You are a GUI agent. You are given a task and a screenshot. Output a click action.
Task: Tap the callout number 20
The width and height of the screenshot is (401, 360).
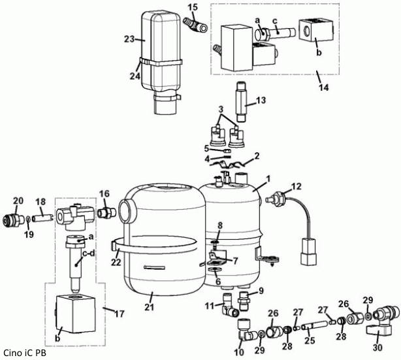18,201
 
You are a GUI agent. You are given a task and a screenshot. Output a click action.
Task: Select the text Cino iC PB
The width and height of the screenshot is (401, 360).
24,353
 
